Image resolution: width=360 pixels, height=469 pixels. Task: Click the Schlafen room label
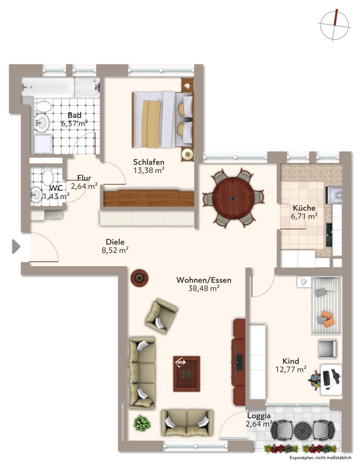point(148,162)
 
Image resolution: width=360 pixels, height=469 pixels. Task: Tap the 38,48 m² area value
point(204,288)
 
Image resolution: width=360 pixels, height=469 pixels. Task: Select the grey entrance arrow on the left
point(16,247)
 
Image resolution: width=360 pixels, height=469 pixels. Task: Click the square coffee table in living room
point(186,374)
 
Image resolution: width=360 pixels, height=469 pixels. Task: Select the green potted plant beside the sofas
point(142,422)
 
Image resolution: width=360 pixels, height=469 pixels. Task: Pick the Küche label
point(304,208)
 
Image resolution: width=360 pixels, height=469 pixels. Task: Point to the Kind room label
point(291,361)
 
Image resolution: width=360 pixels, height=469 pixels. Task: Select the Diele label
point(115,242)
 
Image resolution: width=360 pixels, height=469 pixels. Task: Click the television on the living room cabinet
point(238,362)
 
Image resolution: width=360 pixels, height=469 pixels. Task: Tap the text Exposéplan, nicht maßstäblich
point(320,458)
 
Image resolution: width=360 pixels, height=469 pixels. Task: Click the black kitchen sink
point(329,235)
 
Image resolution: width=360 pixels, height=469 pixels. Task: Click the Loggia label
point(259,416)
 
